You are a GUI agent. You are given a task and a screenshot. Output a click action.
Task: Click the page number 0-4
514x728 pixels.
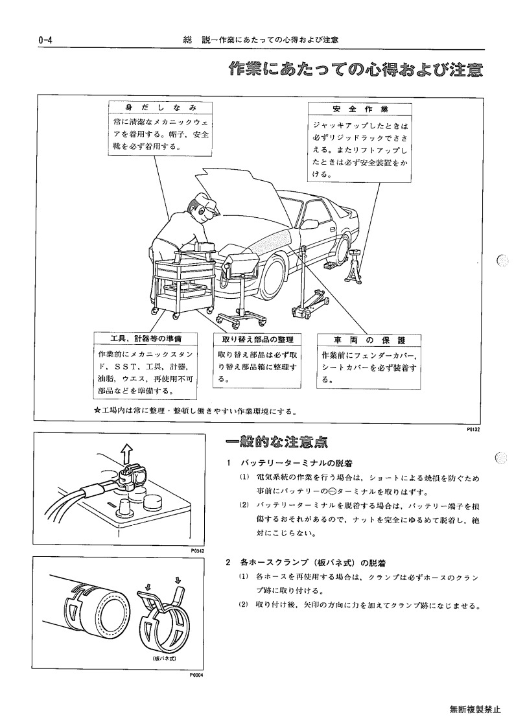pos(45,40)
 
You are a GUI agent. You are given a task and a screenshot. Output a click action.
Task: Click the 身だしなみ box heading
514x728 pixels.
pos(161,108)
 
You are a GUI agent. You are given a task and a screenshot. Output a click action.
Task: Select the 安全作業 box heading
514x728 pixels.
pos(360,109)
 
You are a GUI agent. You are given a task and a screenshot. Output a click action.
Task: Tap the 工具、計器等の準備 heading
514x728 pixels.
pos(145,338)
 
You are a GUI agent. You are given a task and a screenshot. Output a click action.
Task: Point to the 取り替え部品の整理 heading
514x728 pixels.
pos(258,340)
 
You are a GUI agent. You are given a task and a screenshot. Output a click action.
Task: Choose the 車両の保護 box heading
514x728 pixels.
pos(369,340)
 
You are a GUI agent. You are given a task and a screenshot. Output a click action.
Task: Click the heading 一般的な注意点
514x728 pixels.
pos(277,443)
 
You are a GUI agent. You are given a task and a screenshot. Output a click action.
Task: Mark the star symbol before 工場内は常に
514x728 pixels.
pos(97,411)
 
